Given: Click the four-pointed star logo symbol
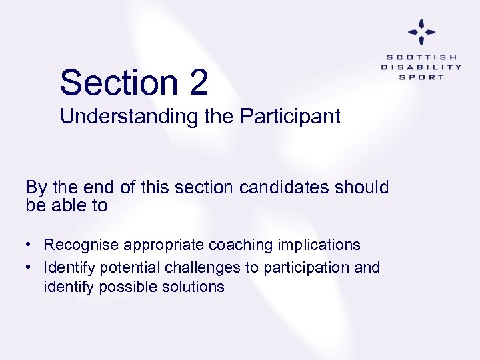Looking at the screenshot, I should [x=421, y=31].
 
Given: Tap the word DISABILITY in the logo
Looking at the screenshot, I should [x=421, y=67].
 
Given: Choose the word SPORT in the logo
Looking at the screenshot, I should [x=421, y=77].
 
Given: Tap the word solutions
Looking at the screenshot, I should [x=194, y=287].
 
